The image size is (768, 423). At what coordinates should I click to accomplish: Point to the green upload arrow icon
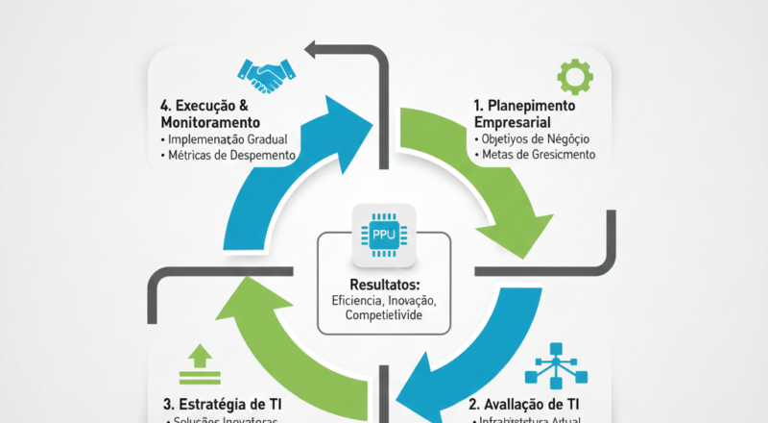(x=200, y=362)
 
